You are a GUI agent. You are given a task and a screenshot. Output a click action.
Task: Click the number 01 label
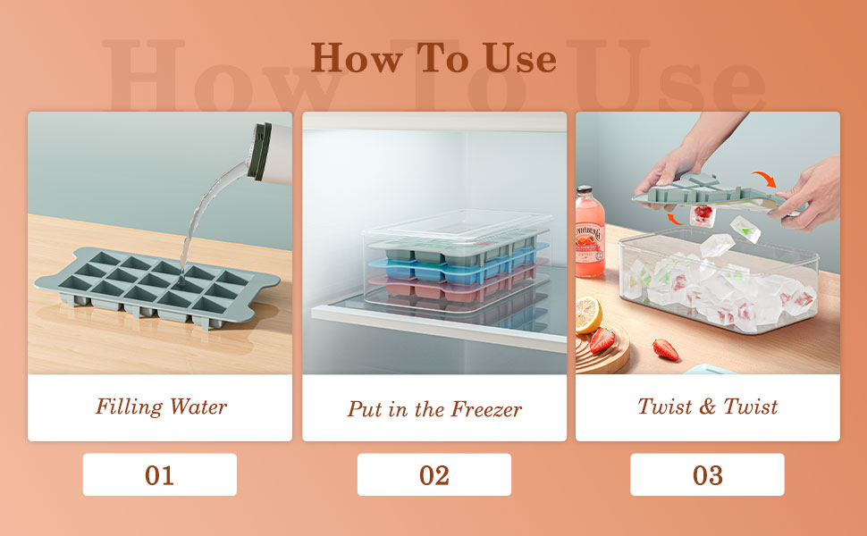click(159, 475)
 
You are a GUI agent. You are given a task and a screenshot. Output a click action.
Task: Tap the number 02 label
click(433, 475)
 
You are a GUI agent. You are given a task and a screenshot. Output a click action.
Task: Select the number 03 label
click(707, 475)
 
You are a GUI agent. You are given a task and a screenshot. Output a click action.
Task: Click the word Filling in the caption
click(128, 407)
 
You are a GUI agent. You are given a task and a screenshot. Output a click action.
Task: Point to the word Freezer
click(486, 410)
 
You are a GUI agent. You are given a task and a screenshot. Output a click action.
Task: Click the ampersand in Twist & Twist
click(708, 407)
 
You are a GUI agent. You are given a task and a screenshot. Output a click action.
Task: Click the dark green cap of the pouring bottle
click(260, 142)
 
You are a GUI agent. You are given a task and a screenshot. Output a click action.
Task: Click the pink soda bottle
click(589, 234)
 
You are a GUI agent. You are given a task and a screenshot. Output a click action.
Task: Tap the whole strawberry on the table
click(665, 349)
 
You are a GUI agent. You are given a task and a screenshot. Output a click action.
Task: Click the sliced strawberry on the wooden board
click(602, 340)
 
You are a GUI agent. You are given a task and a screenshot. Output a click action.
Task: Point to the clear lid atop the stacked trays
click(456, 225)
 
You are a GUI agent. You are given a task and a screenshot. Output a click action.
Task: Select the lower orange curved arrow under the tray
click(678, 218)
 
